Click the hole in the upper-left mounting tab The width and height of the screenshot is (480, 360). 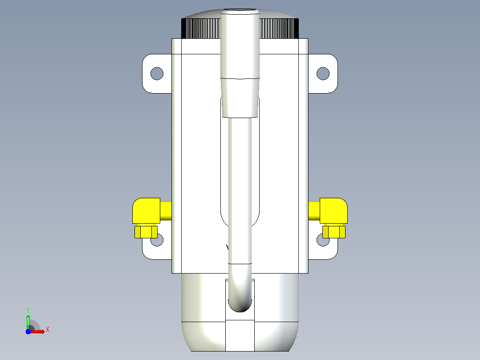[x=157, y=74]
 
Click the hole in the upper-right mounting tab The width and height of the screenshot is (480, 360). [x=323, y=74]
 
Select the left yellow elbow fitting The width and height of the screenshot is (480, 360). [x=146, y=210]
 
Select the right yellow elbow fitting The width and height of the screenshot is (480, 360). [x=334, y=210]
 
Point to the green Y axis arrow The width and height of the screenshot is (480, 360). [x=28, y=321]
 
